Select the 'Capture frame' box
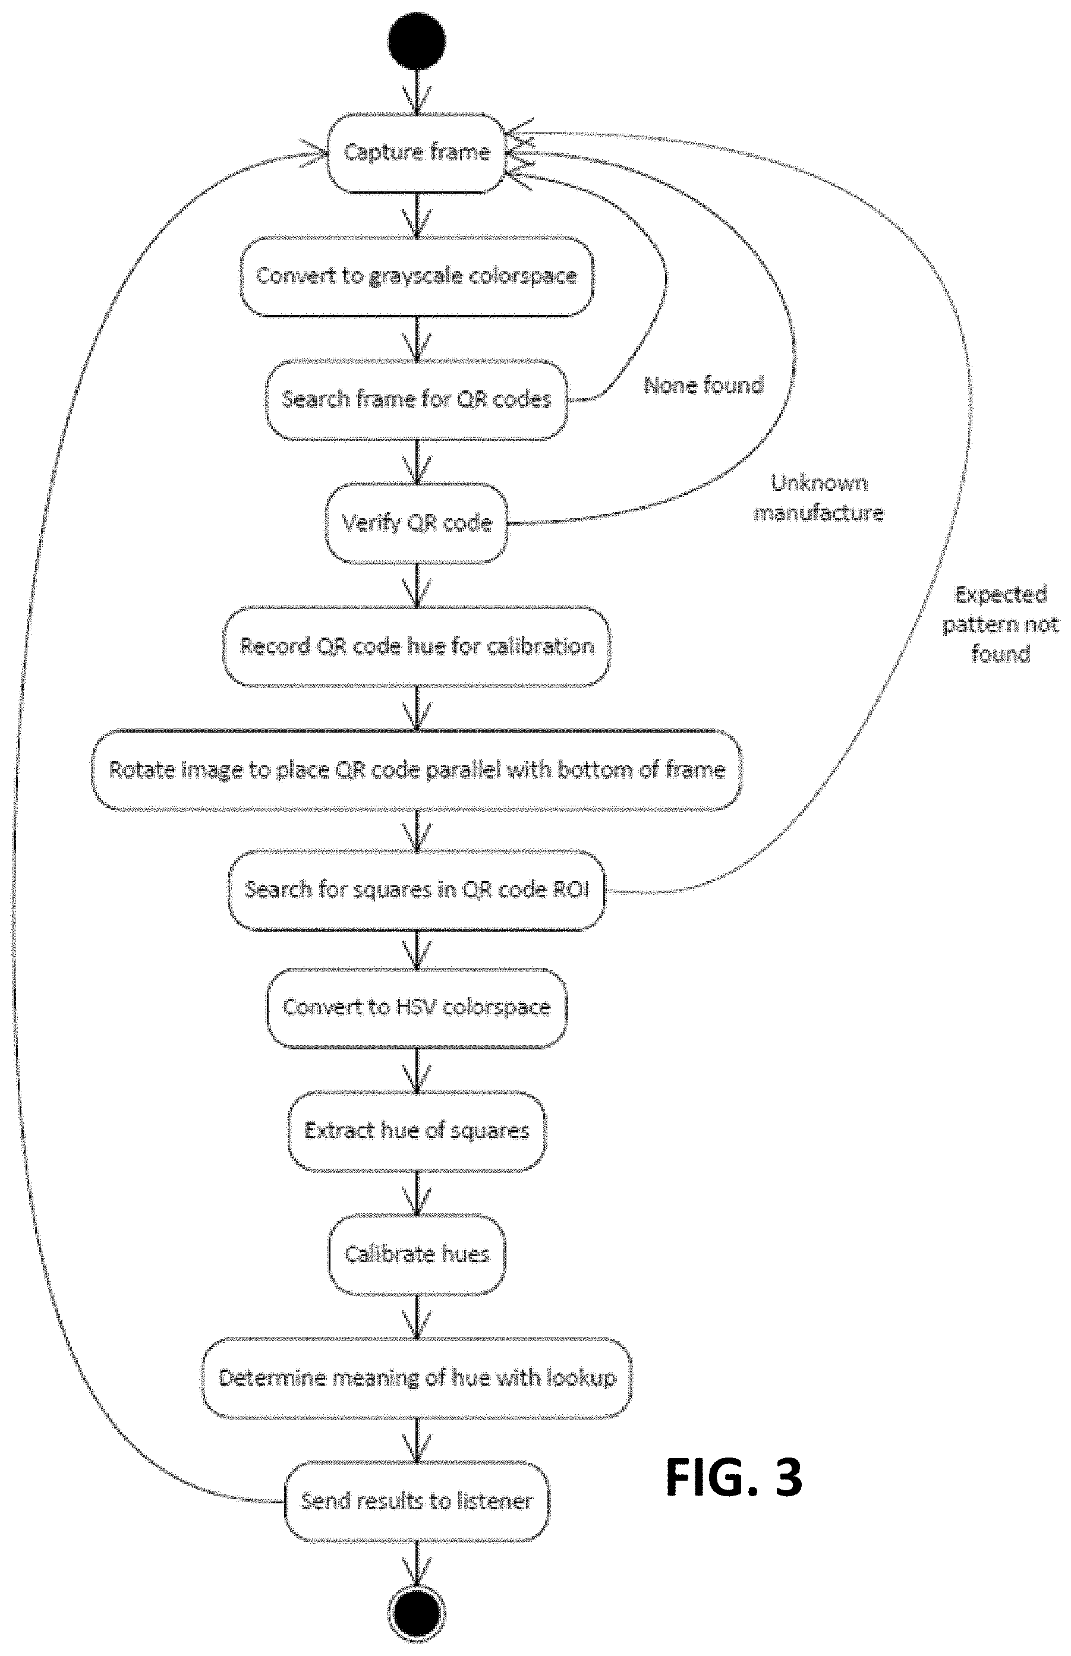click(417, 153)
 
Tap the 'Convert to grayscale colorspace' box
click(417, 276)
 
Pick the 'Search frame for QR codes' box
click(417, 400)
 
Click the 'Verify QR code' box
click(417, 523)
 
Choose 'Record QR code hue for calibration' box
click(417, 646)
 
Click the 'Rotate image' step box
click(417, 769)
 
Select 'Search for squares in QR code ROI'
click(417, 890)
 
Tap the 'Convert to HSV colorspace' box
click(417, 1008)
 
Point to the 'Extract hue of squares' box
click(417, 1131)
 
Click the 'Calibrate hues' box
click(417, 1255)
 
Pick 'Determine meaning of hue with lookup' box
click(417, 1378)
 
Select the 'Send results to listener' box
click(417, 1502)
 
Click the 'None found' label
click(704, 384)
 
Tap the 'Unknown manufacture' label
click(818, 498)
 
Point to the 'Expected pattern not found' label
click(1001, 624)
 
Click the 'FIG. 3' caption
click(735, 1478)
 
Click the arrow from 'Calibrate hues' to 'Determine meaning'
click(417, 1316)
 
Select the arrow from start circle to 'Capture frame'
click(417, 91)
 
